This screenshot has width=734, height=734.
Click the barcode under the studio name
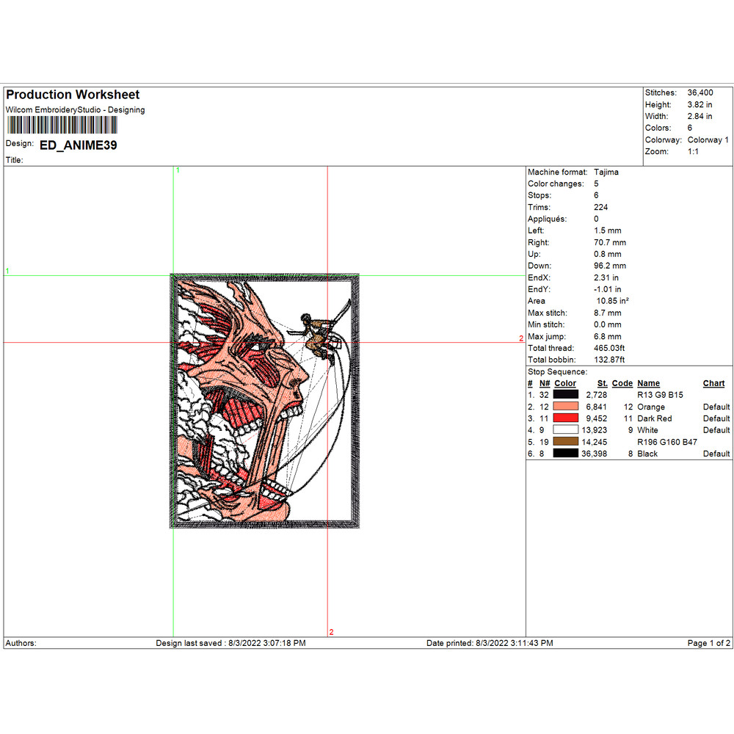coord(62,126)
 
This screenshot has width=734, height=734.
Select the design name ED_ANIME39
coord(79,145)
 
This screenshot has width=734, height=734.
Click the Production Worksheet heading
coord(73,95)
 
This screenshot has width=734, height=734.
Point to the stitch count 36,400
coord(700,92)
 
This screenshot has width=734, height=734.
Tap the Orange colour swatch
coord(565,407)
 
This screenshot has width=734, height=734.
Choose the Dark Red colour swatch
coord(565,418)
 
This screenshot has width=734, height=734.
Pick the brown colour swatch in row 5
coord(565,441)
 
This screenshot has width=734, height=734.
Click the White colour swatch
coord(565,429)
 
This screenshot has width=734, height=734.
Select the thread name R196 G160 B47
coord(667,442)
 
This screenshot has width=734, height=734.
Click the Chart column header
coord(713,383)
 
